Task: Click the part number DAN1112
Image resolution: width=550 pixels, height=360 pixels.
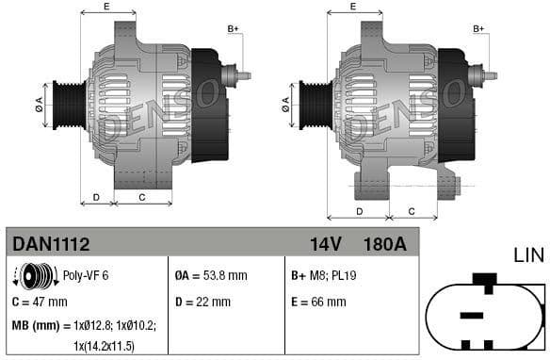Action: tap(51, 244)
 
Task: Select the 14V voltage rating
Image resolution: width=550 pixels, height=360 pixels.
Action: tap(326, 244)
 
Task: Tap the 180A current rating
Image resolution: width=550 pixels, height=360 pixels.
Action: tap(384, 244)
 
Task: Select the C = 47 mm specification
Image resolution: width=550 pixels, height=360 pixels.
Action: tap(40, 302)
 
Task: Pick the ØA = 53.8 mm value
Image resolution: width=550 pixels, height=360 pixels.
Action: tap(211, 275)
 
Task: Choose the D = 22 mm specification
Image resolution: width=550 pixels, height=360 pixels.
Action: tap(202, 302)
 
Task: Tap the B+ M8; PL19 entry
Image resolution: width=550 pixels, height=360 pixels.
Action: tap(324, 275)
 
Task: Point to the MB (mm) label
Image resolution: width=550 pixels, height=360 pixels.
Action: tap(32, 325)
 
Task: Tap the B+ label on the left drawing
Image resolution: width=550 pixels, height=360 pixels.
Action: tap(234, 29)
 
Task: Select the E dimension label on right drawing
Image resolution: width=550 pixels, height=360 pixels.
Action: tap(352, 7)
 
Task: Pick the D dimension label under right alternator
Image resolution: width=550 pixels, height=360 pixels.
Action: tap(358, 210)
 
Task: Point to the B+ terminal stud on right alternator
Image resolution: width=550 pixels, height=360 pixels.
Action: tap(489, 74)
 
